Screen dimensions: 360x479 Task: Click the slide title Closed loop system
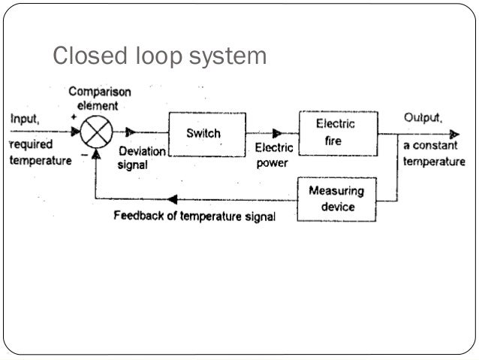coord(158,56)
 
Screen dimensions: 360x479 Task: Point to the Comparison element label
coord(100,98)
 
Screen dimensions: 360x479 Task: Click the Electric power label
coord(273,156)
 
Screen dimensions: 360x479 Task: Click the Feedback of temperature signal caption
coord(194,216)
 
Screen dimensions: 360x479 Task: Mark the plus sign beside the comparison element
coord(74,118)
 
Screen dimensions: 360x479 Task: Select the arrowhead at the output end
coord(453,135)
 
